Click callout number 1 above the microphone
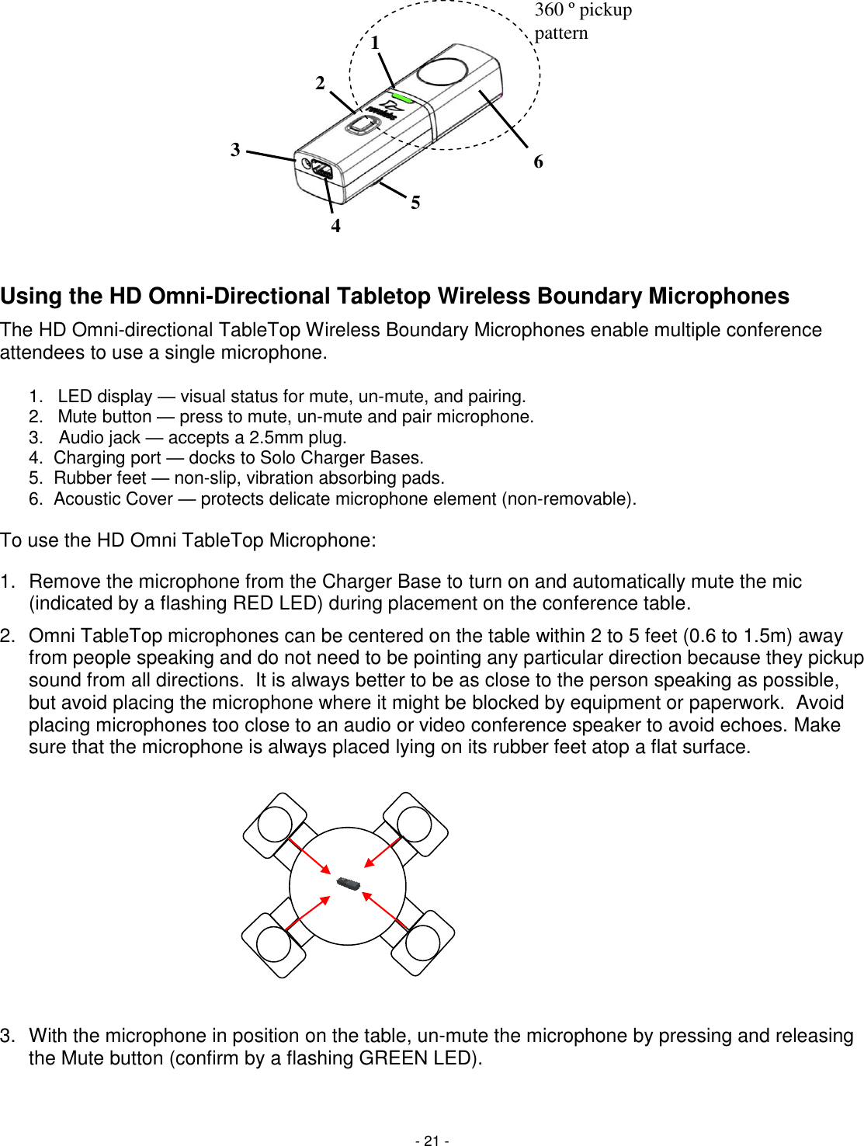pos(375,43)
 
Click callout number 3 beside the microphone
pos(235,150)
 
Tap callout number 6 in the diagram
pos(538,161)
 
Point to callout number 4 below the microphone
pos(335,226)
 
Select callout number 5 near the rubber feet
pos(415,203)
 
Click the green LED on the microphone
pos(401,97)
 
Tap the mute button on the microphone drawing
pos(359,124)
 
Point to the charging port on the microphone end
pos(322,171)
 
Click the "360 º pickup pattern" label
pos(582,21)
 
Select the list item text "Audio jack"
pos(99,438)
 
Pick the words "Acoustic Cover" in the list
pos(113,499)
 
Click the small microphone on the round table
pos(349,884)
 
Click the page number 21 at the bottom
pos(432,1141)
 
